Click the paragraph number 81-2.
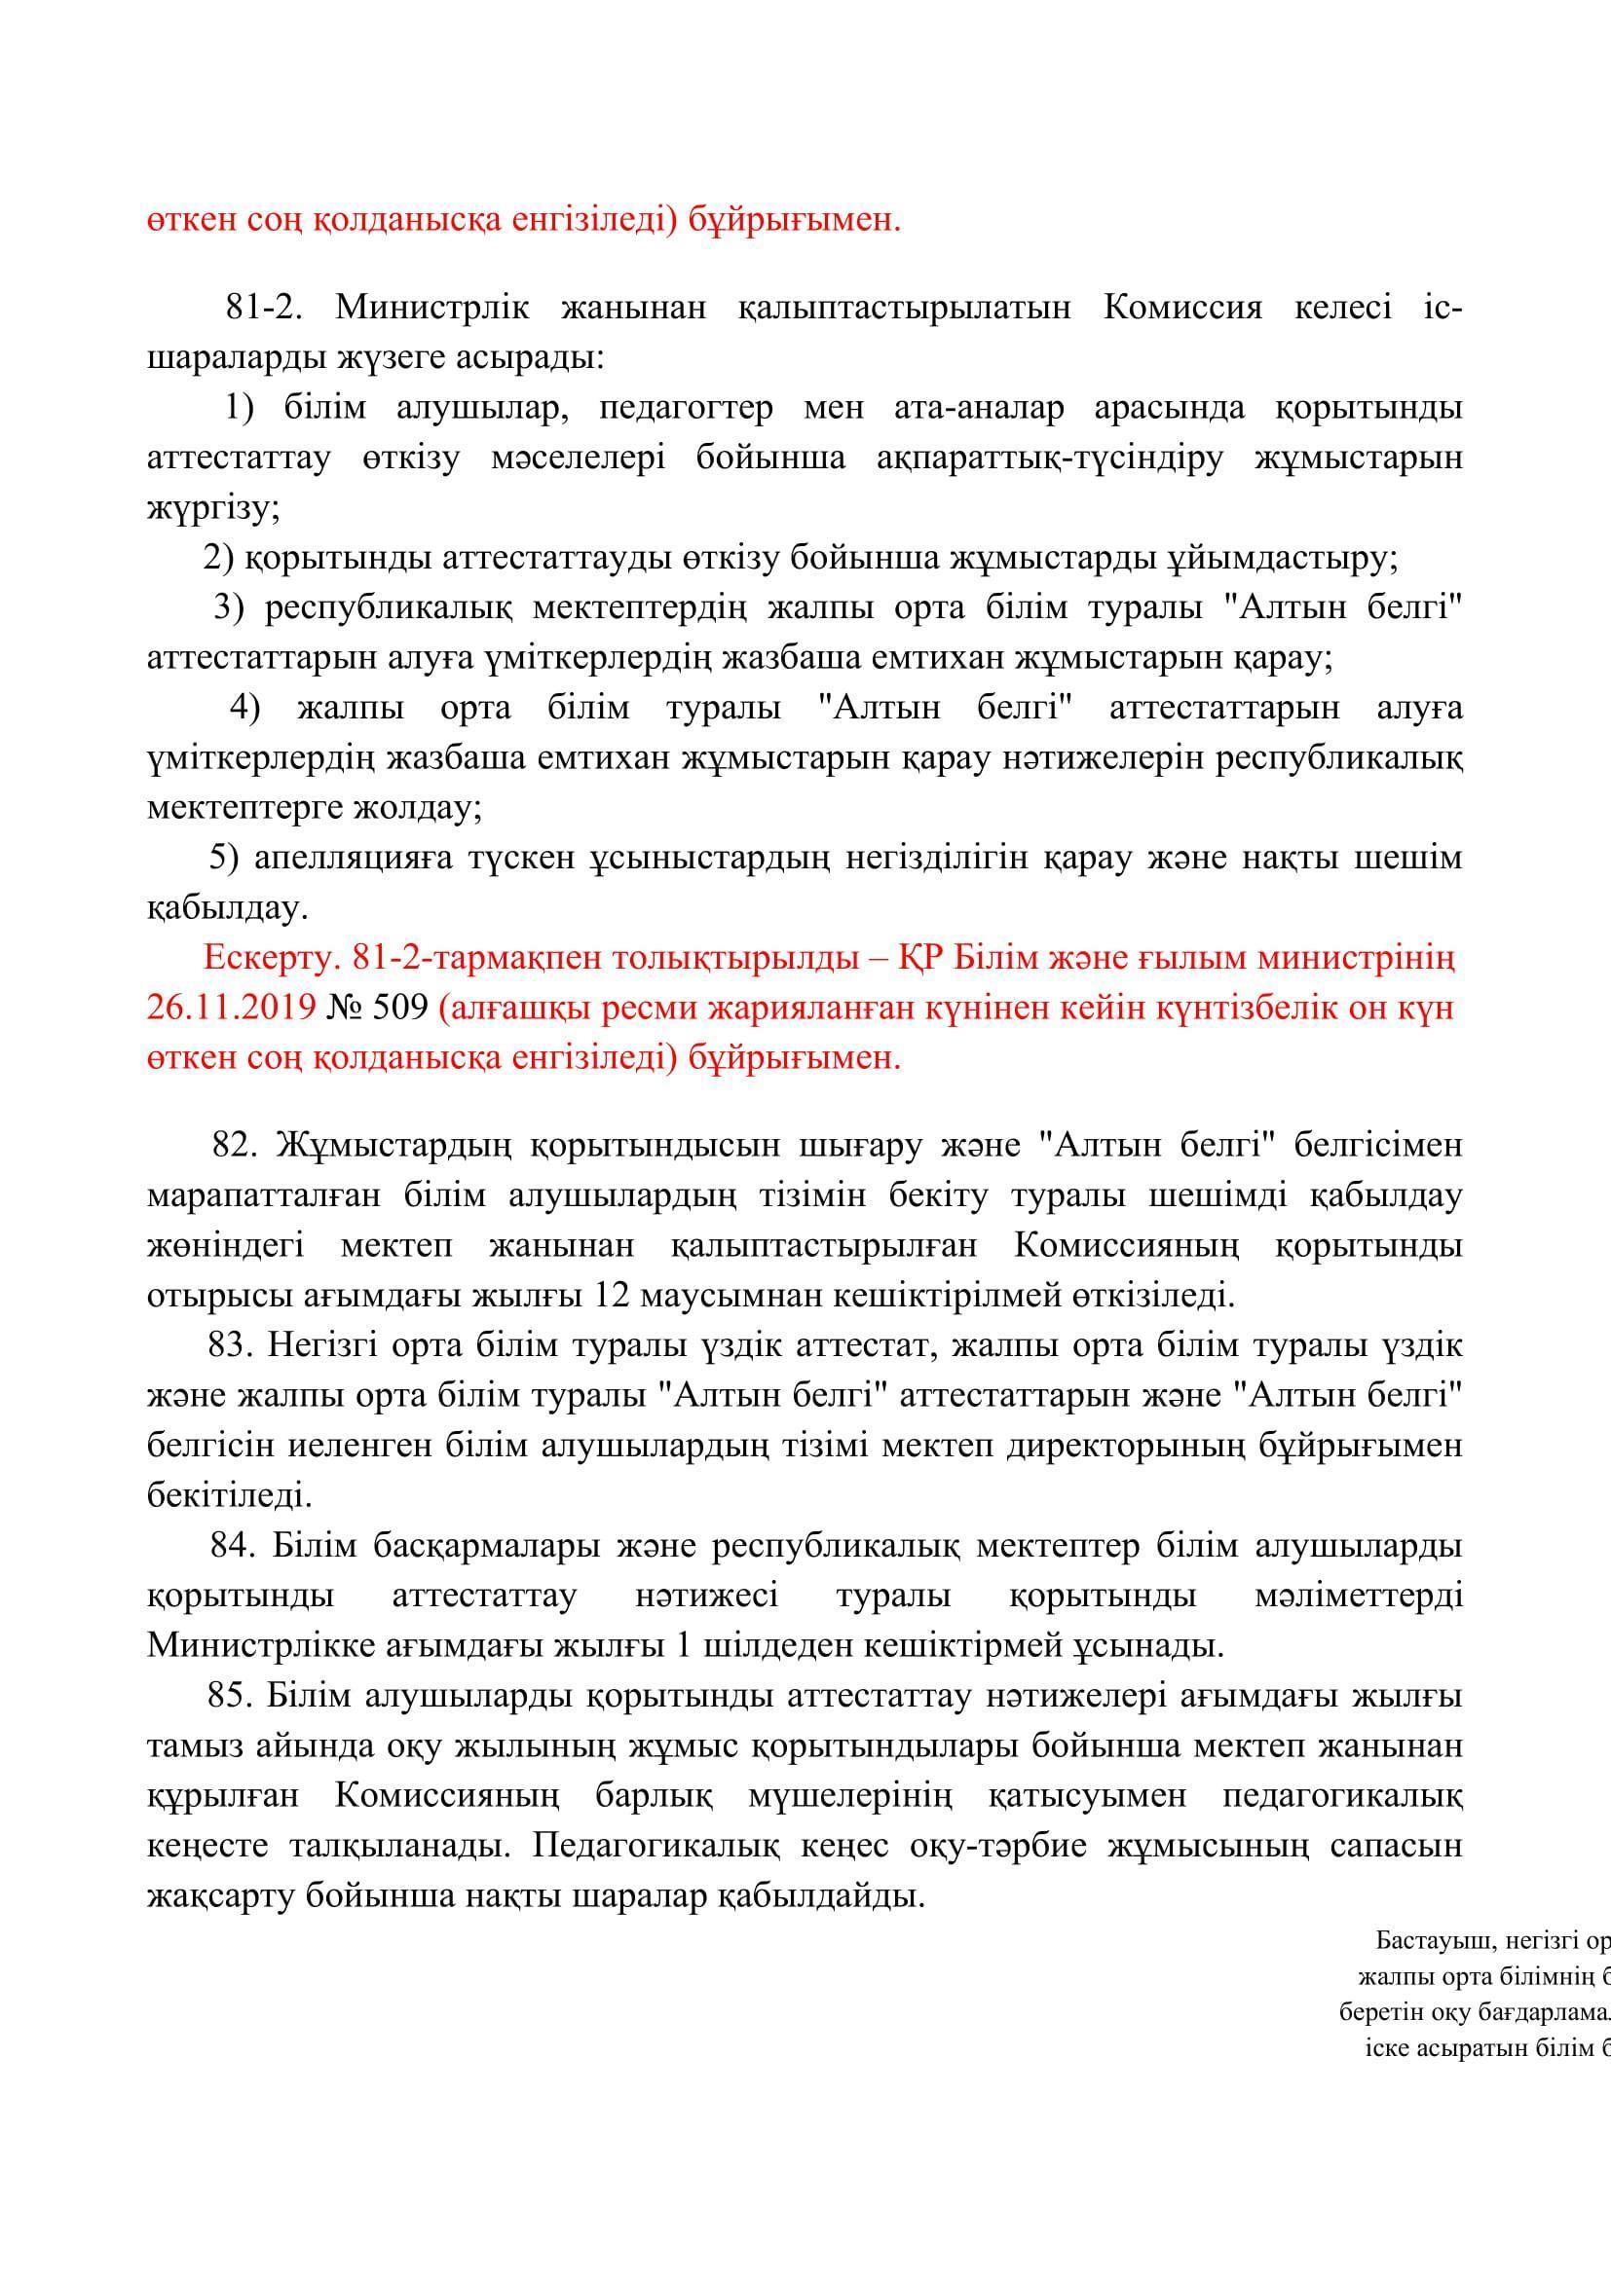[263, 308]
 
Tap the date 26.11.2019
[231, 1008]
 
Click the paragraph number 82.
[235, 1145]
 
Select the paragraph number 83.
[233, 1344]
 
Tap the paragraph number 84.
[234, 1545]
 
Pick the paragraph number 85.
[233, 1696]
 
